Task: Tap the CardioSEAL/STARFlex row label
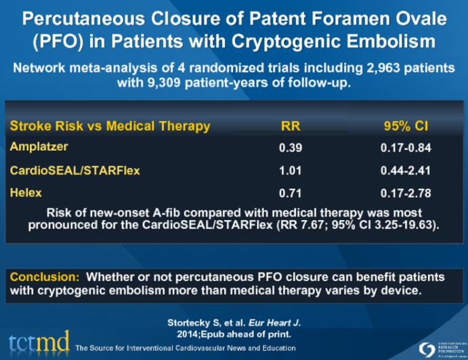pyautogui.click(x=75, y=171)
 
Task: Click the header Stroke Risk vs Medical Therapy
pyautogui.click(x=110, y=127)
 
